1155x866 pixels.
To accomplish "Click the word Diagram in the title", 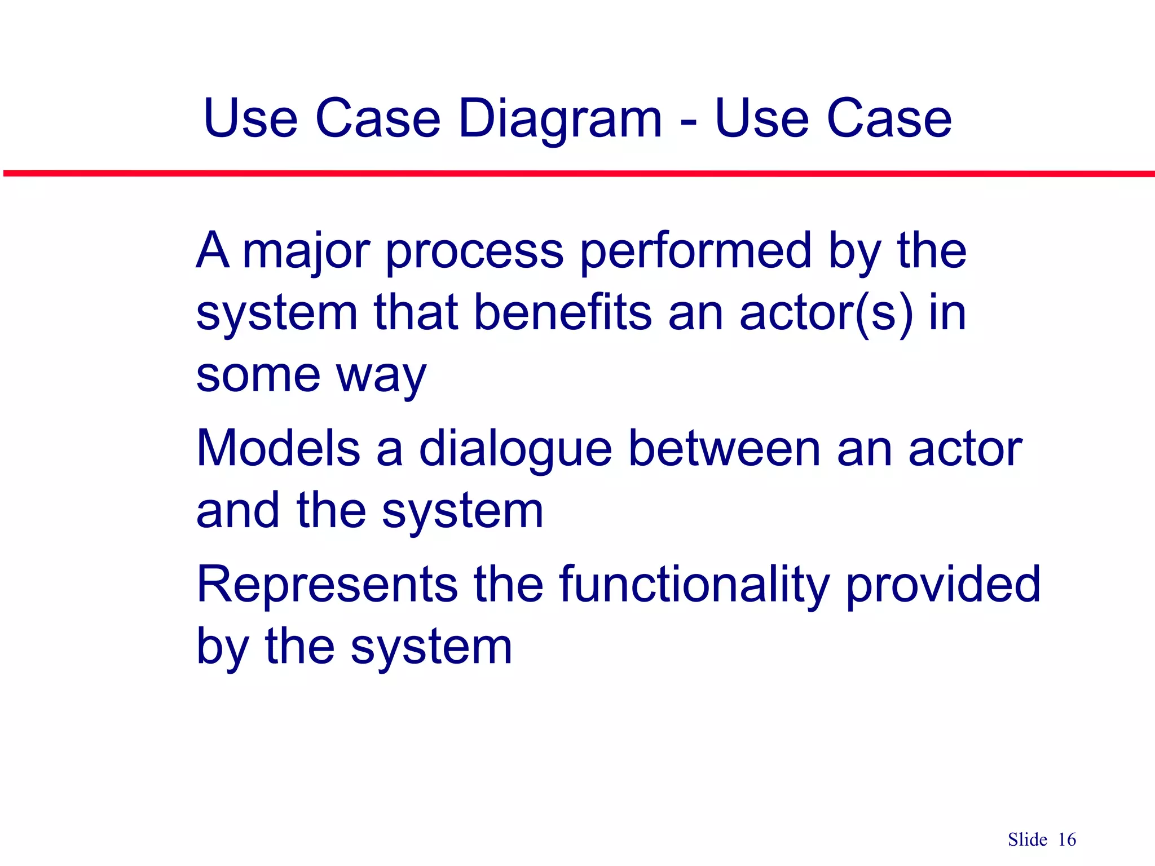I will pyautogui.click(x=560, y=120).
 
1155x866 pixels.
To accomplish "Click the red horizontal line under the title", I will pyautogui.click(x=577, y=174).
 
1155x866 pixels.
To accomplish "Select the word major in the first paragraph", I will pyautogui.click(x=306, y=252).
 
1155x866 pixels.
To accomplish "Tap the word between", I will pyautogui.click(x=724, y=449).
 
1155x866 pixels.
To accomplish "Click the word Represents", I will pyautogui.click(x=327, y=585).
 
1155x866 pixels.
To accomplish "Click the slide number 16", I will pyautogui.click(x=1067, y=840).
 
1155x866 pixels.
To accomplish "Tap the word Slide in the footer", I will pyautogui.click(x=1028, y=840).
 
